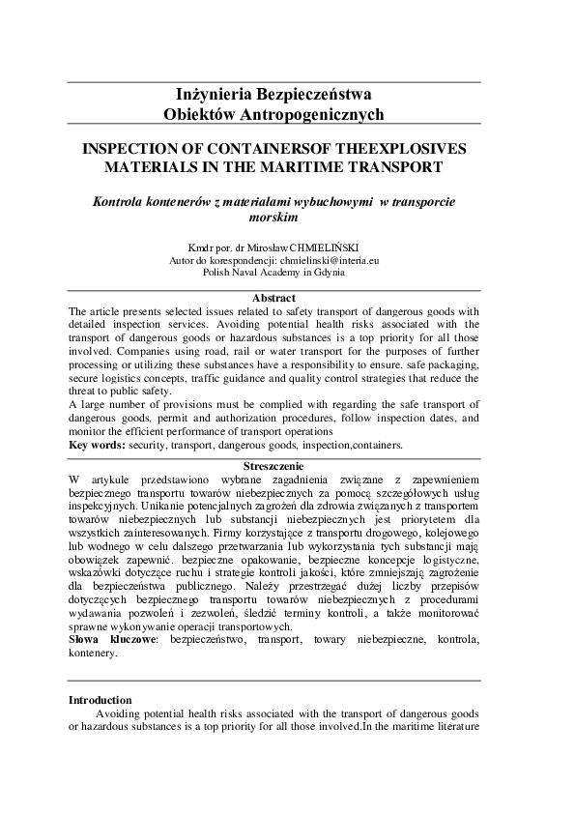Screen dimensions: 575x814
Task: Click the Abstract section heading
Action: [x=273, y=299]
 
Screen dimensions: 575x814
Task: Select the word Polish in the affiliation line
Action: [x=217, y=272]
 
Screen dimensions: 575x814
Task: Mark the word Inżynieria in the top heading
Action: [x=216, y=95]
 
